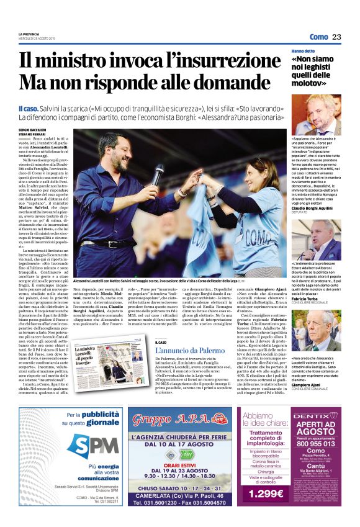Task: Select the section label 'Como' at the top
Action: [318, 37]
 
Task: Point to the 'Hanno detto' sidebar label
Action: [302, 50]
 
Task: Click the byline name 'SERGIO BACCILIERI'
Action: [32, 129]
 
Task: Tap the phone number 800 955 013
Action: [324, 444]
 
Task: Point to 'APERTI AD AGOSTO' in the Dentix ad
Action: [324, 428]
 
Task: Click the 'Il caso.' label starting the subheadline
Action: [29, 108]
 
